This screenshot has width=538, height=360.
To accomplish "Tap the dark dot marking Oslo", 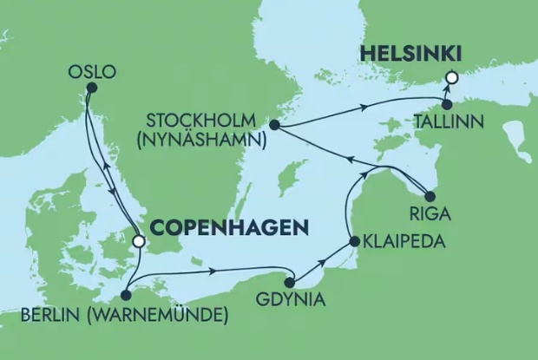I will pos(91,87).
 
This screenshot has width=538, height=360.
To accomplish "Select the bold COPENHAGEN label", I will pos(230,227).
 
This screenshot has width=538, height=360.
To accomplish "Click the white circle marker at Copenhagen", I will pos(137,243).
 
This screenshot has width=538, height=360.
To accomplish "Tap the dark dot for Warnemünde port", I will pos(128,294).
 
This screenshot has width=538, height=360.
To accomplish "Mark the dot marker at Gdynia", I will pos(291,282).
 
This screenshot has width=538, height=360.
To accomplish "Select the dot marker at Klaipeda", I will pos(354,241).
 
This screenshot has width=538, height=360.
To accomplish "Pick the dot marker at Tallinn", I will pos(447,105).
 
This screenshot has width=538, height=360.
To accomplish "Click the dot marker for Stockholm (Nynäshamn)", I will pos(274,126).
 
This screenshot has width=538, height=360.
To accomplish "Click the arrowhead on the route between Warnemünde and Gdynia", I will pos(213,271).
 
